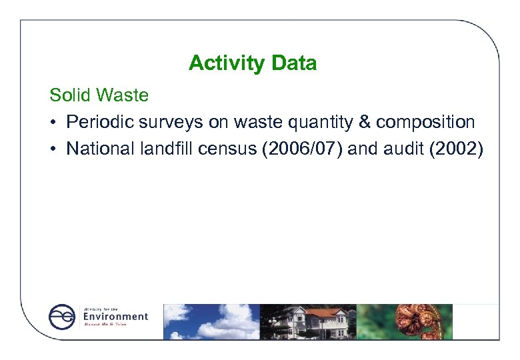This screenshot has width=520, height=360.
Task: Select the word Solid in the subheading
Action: pyautogui.click(x=70, y=95)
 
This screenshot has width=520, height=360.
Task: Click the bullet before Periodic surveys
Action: pyautogui.click(x=53, y=123)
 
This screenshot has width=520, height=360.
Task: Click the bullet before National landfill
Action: pyautogui.click(x=53, y=149)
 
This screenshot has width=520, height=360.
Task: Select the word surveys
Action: pyautogui.click(x=159, y=123)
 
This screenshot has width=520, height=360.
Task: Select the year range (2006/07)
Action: pyautogui.click(x=291, y=149)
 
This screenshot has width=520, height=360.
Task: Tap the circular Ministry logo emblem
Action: pyautogui.click(x=62, y=317)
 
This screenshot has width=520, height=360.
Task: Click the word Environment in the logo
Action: pyautogui.click(x=115, y=317)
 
